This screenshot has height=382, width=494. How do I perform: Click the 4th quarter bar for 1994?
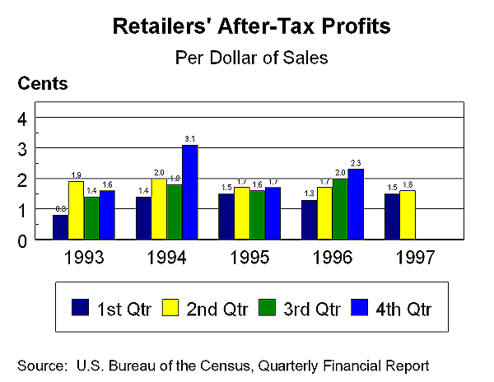pos(189,192)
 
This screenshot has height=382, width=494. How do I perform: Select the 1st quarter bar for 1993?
pos(60,227)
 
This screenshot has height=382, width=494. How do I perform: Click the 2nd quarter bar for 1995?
pos(242,213)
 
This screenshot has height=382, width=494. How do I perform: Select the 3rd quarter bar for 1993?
pos(91,218)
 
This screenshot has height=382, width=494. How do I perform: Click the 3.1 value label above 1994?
pos(189,138)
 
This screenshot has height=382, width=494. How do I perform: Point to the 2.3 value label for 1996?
pos(356,163)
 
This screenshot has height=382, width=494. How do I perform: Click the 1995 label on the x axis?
pos(249,257)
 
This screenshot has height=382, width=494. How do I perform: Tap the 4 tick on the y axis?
pos(24,119)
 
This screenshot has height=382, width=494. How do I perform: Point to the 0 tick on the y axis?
pos(24,240)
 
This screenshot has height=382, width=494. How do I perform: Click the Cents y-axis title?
pos(42,83)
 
